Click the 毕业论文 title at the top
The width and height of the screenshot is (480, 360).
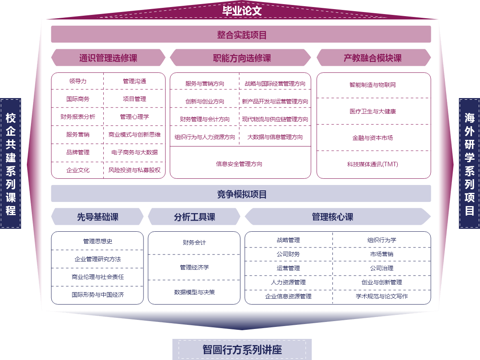pos(242,10)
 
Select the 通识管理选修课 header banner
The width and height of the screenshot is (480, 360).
pos(108,58)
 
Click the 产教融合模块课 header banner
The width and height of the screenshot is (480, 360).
pos(373,58)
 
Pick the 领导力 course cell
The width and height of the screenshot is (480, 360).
pos(78,81)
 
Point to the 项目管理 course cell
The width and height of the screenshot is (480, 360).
pos(134,99)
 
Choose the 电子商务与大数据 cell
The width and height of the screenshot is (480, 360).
pos(134,152)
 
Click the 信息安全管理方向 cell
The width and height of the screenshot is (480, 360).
pos(239,164)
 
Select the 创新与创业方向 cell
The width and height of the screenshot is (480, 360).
pos(205,101)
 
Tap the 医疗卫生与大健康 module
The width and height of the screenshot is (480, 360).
pos(373,111)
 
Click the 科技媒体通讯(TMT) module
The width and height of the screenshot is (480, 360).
pos(373,164)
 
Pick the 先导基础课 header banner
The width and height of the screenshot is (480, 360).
pos(98,217)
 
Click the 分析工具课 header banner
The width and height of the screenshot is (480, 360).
pos(194,217)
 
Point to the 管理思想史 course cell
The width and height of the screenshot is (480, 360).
pos(98,241)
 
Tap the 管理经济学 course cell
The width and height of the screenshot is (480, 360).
pos(194,268)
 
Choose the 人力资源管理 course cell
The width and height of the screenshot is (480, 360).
pos(288,282)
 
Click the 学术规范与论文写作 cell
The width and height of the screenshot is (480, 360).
pos(382,296)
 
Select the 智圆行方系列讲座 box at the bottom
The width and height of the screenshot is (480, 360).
pos(242,350)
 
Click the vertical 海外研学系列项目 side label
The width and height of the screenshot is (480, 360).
pos(469,163)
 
